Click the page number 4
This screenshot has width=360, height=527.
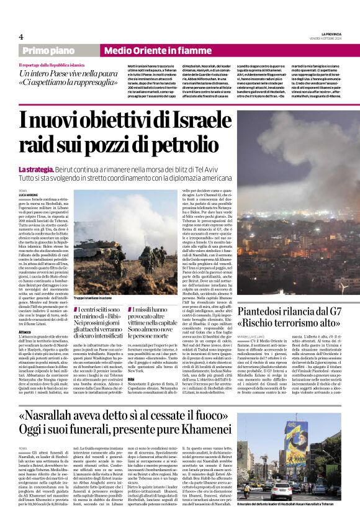point(20,37)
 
